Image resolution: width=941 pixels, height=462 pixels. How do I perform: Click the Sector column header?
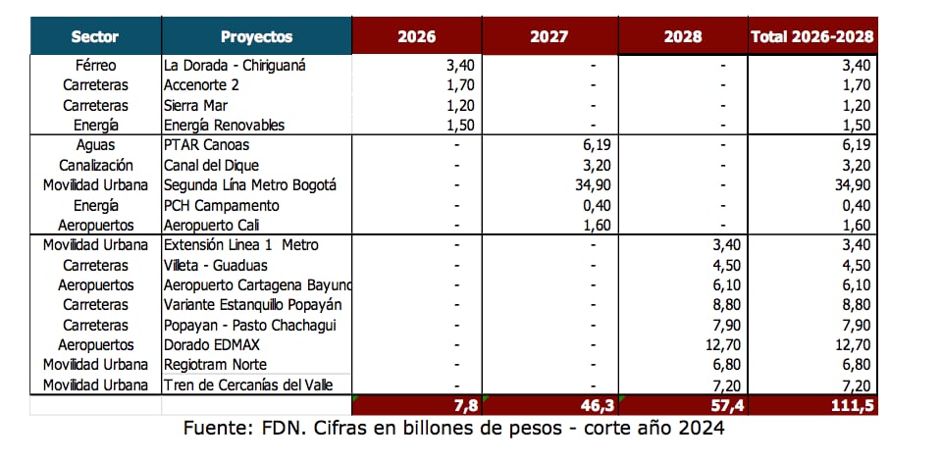pyautogui.click(x=94, y=37)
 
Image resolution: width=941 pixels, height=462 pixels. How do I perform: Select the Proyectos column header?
pyautogui.click(x=256, y=37)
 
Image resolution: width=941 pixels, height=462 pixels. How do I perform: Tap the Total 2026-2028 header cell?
pyautogui.click(x=812, y=37)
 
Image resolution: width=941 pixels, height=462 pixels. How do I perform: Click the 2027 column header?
pyautogui.click(x=549, y=37)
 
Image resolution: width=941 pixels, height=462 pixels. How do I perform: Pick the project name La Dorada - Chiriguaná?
pyautogui.click(x=235, y=65)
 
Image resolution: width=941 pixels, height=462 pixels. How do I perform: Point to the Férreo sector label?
pyautogui.click(x=95, y=65)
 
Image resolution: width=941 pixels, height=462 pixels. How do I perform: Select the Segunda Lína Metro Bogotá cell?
pyautogui.click(x=250, y=185)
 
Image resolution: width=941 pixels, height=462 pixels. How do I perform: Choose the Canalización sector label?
pyautogui.click(x=95, y=165)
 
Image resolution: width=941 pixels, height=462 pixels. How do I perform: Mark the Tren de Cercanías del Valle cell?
pyautogui.click(x=257, y=385)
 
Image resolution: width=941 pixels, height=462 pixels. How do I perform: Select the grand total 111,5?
pyautogui.click(x=852, y=405)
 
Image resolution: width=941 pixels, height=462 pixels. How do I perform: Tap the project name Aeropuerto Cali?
pyautogui.click(x=211, y=225)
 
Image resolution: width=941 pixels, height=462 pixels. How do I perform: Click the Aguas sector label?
pyautogui.click(x=95, y=145)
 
